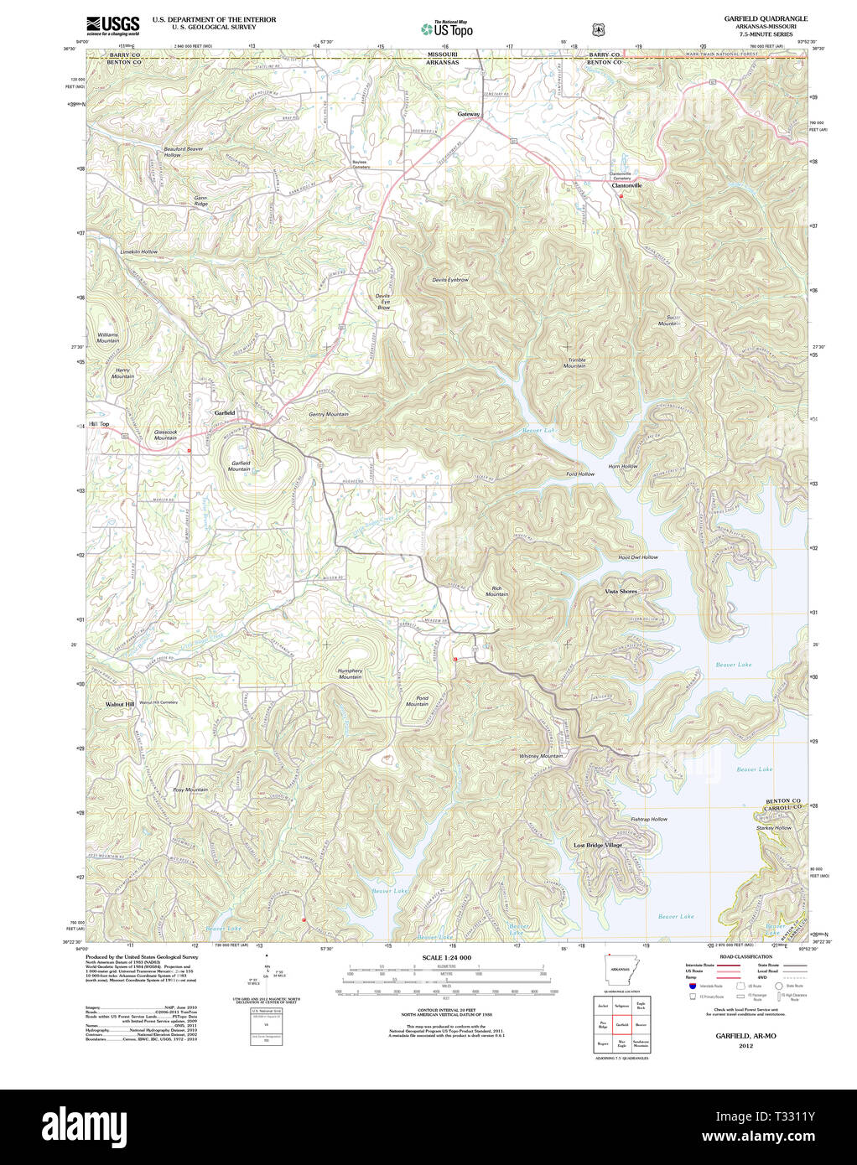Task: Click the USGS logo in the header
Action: tap(112, 24)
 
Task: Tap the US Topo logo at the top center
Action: tap(447, 28)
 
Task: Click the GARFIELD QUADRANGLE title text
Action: tap(766, 18)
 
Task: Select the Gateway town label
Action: tap(469, 114)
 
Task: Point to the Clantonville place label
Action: tap(626, 185)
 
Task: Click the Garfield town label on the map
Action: tap(224, 413)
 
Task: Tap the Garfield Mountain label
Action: tap(241, 466)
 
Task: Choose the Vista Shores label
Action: tap(621, 592)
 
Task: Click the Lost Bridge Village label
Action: tap(598, 845)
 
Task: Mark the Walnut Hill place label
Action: tap(119, 704)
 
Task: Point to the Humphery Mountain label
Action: tap(351, 673)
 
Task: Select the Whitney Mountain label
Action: tap(541, 756)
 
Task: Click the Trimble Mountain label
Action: tap(575, 363)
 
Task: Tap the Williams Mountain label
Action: tap(107, 337)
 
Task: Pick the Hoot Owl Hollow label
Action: tap(638, 557)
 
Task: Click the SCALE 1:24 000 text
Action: tap(446, 957)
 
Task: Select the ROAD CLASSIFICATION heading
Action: tap(741, 956)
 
